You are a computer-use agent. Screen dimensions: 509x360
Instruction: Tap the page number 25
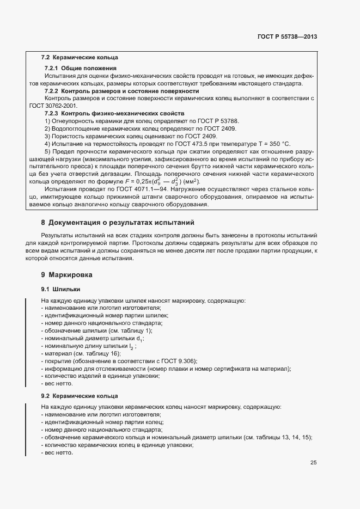coord(313,463)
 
